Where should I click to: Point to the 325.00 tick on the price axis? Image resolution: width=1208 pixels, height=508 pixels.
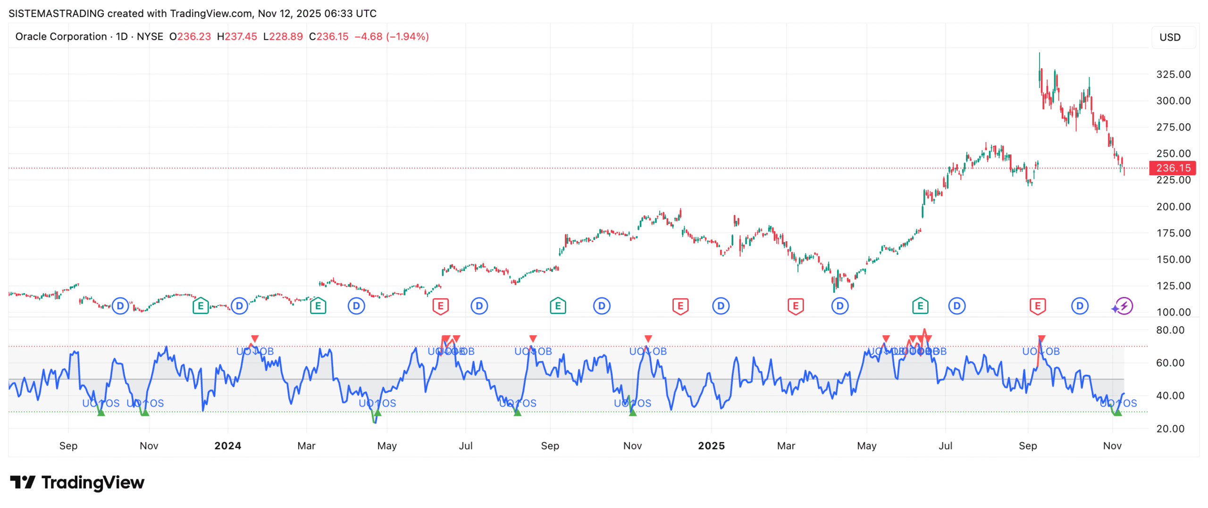coord(1173,74)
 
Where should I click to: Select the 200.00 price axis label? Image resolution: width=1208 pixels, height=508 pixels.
coord(1173,206)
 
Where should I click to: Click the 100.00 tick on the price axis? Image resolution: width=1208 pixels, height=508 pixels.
coord(1173,312)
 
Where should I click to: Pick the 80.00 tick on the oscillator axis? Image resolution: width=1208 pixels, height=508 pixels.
coord(1170,330)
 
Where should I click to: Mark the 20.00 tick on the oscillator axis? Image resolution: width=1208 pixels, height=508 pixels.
coord(1170,429)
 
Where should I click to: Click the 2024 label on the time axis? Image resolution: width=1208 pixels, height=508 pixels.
coord(227,446)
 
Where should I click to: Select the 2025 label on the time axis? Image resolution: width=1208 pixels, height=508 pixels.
coord(711,446)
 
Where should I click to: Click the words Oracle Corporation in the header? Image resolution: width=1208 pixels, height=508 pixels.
coord(61,36)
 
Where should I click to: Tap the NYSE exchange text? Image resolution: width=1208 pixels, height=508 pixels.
coord(150,36)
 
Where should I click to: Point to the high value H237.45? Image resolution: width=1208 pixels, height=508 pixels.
coord(237,36)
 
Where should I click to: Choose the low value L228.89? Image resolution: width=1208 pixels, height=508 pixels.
coord(283,36)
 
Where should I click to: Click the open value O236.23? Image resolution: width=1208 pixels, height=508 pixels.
coord(190,36)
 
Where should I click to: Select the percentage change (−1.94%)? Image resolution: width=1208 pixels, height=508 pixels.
coord(407,36)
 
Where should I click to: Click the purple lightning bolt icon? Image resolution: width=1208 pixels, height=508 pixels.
coord(1124,306)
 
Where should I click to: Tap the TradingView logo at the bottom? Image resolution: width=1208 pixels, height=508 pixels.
coord(77,482)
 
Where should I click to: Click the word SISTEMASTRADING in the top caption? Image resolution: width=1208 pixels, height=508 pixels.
coord(56,13)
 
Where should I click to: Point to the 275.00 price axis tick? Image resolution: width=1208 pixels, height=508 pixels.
coord(1173,127)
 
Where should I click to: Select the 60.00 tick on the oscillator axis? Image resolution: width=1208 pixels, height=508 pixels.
coord(1170,363)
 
